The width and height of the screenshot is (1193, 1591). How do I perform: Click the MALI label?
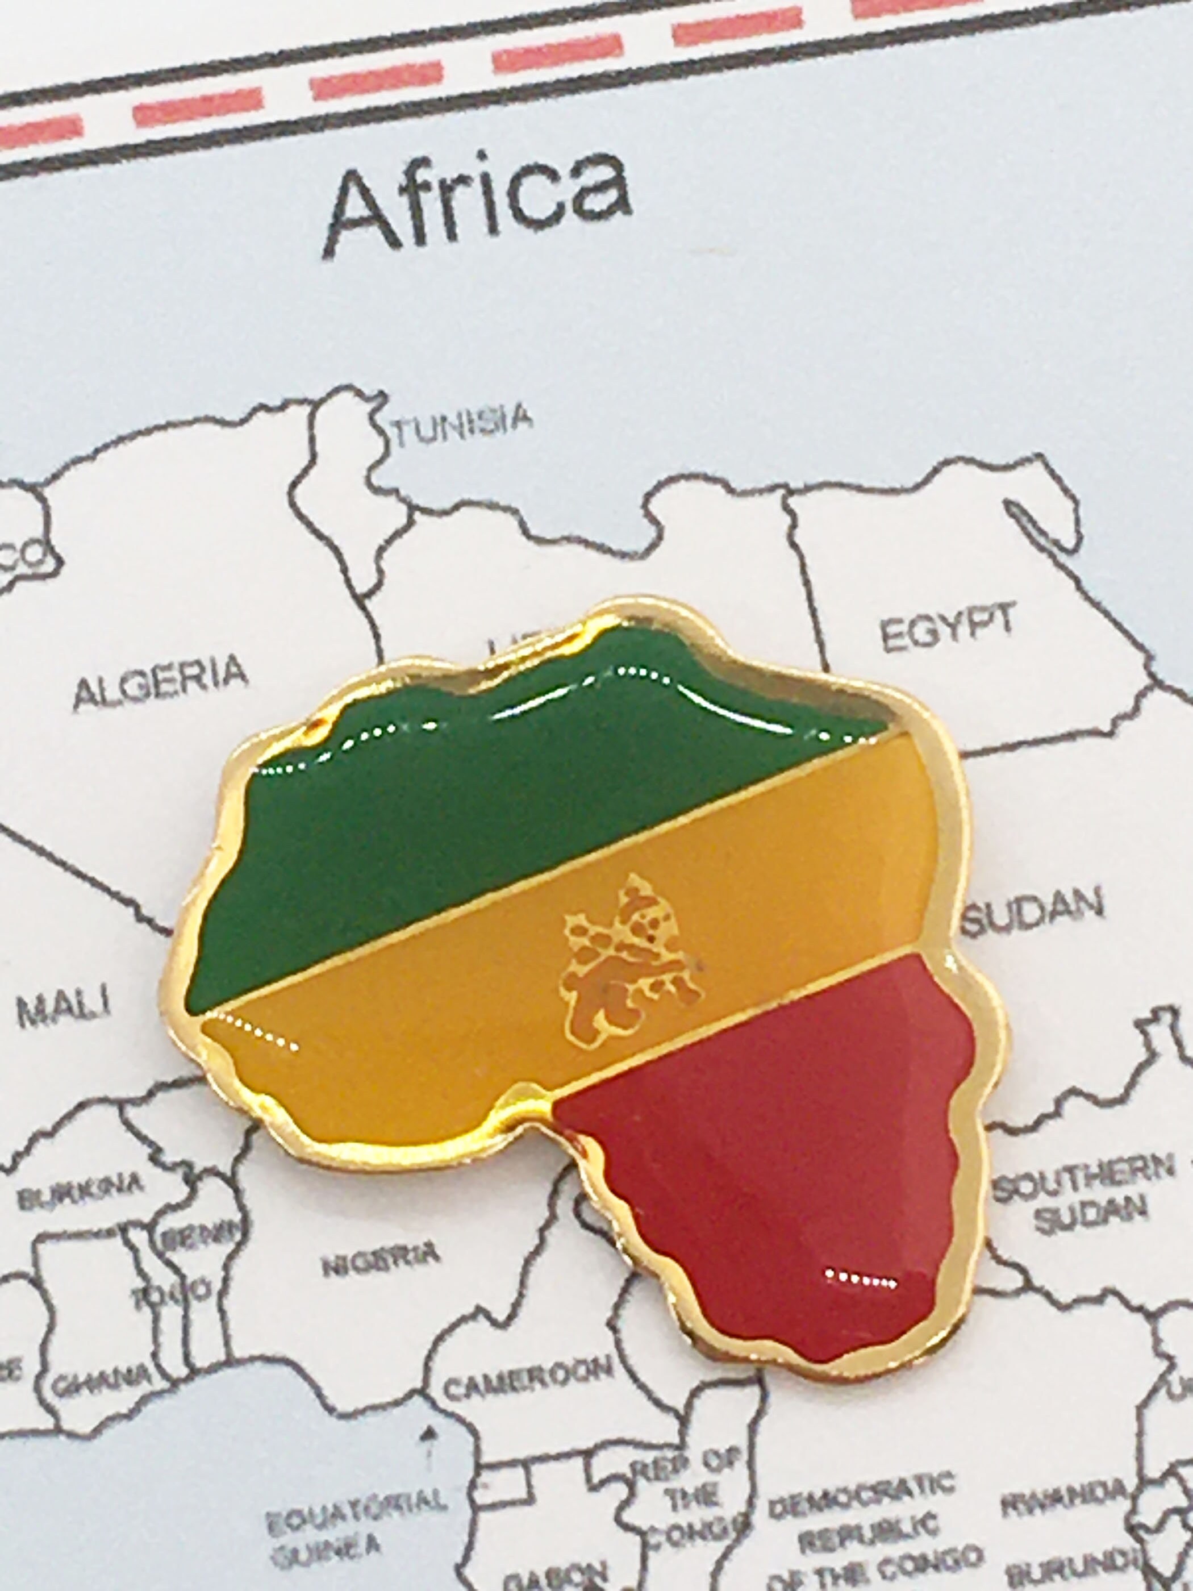tap(65, 1009)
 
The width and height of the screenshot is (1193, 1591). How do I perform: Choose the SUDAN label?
tap(1033, 915)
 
